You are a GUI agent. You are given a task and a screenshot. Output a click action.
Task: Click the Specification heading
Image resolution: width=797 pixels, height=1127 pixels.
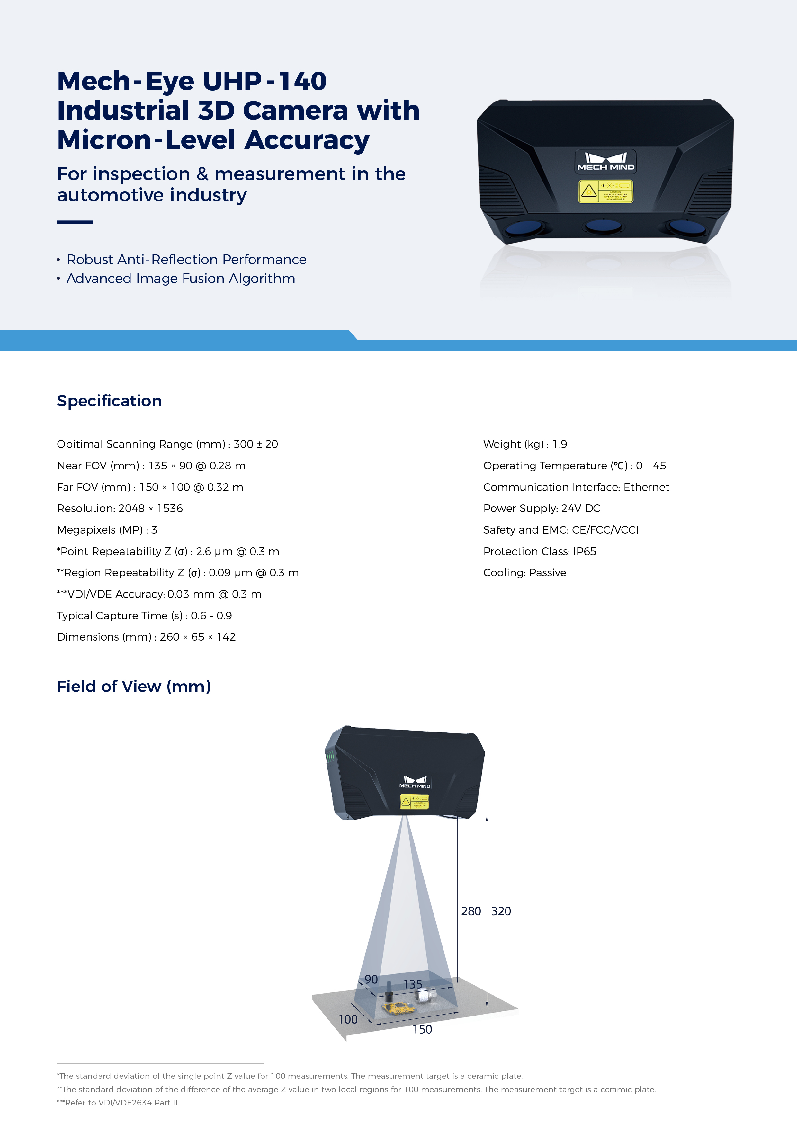point(109,401)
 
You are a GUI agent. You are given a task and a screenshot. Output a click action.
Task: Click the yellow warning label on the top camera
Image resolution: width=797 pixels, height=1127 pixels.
point(605,191)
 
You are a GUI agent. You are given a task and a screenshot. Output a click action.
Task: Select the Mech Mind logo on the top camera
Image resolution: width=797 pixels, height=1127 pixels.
point(605,161)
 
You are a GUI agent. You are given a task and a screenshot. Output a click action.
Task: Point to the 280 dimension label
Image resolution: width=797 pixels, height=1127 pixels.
point(471,911)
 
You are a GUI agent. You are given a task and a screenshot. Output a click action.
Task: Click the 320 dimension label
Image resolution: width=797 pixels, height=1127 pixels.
point(501,911)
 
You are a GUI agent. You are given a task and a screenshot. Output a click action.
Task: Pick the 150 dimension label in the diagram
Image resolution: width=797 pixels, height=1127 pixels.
point(422,1029)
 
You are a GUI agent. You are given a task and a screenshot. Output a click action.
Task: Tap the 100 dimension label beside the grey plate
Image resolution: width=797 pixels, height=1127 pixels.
point(348,1019)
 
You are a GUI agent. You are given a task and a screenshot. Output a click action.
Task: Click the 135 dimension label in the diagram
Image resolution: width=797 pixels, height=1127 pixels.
point(413,984)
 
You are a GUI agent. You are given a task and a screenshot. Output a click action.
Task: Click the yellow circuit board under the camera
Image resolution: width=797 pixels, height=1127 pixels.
point(398,1008)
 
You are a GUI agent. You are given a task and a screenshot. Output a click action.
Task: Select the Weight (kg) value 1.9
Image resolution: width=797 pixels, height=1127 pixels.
point(560,444)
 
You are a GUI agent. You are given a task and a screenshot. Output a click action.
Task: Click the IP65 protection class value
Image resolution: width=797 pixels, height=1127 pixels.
point(584,551)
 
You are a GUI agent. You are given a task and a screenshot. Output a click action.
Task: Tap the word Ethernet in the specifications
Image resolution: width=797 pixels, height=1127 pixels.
point(646,487)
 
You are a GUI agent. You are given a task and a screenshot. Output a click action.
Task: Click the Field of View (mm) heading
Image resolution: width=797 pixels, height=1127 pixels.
point(134,686)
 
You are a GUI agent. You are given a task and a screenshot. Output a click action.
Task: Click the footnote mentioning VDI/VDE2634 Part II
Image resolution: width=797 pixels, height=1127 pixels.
point(118,1103)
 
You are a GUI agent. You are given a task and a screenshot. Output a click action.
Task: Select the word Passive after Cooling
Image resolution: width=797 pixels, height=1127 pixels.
point(548,573)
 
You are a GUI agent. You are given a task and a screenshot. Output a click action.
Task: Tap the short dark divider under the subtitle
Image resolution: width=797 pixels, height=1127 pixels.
point(75,222)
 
